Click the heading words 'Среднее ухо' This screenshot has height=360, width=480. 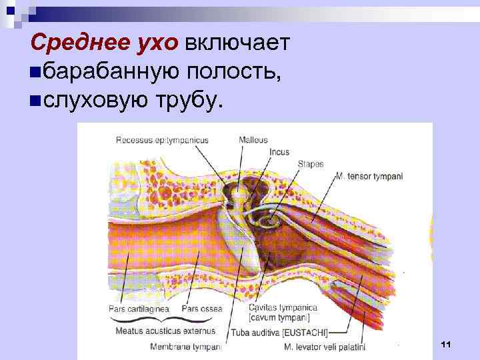click(x=105, y=43)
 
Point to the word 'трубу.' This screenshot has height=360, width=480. click(x=188, y=101)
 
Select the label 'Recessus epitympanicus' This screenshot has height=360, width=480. click(x=162, y=140)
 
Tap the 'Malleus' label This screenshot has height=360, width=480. click(x=253, y=140)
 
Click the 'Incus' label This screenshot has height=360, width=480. click(x=279, y=152)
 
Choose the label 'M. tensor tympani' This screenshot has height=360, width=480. click(x=369, y=176)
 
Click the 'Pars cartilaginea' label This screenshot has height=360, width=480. click(x=139, y=309)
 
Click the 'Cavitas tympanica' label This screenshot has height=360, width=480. click(x=283, y=309)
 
